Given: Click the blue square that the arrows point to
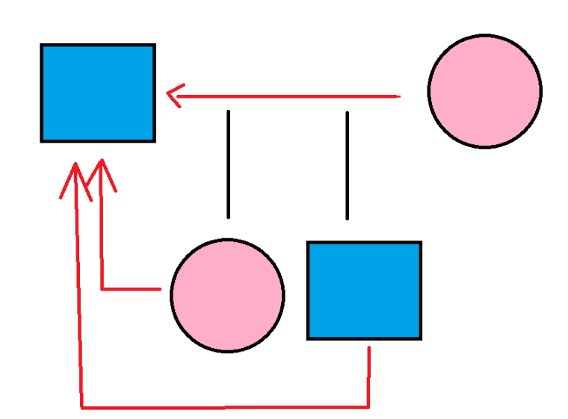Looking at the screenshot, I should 98,93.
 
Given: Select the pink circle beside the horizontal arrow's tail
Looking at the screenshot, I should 484,91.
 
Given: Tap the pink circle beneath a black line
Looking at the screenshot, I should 227,295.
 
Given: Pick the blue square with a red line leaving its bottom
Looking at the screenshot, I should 364,291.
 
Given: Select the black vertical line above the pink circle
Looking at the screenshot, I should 228,164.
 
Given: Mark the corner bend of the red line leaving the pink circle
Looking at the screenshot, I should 102,288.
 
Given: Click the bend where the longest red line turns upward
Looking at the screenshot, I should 81,407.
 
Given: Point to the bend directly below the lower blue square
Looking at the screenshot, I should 368,406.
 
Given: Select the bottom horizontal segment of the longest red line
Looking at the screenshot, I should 224,407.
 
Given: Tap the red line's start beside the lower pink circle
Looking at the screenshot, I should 160,288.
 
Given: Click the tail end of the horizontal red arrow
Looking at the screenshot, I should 399,96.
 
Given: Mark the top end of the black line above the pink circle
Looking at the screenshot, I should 228,112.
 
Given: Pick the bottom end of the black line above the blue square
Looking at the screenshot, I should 347,218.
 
